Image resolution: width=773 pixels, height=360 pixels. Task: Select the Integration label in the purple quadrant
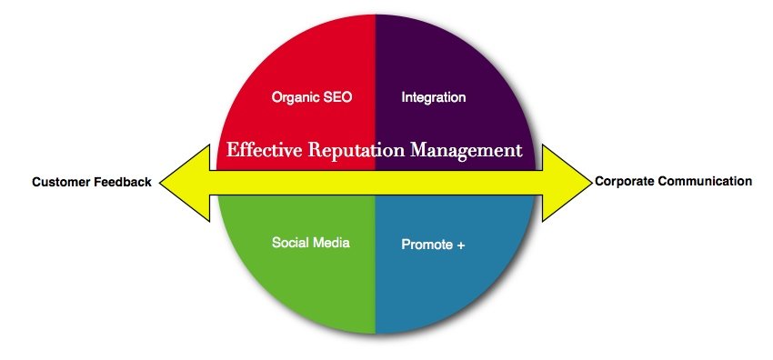[433, 96]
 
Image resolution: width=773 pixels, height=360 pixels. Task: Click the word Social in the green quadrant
[290, 243]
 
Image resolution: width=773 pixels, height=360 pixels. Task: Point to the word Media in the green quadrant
[331, 243]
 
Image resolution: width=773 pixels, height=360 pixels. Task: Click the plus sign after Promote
[462, 245]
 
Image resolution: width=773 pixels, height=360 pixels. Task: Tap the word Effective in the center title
[263, 150]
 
